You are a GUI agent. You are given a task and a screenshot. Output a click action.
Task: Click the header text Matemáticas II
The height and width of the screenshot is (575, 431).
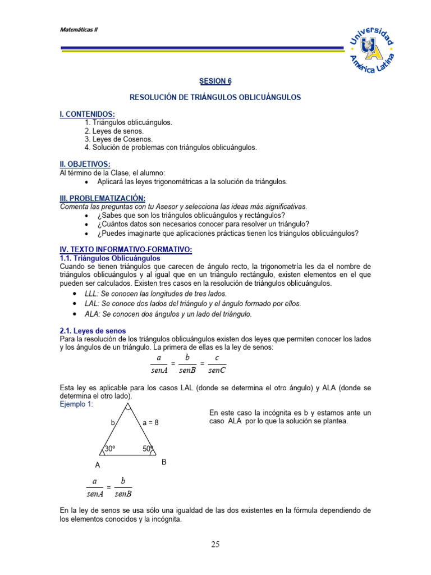[x=79, y=30]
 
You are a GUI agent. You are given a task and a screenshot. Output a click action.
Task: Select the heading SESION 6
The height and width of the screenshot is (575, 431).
[x=215, y=81]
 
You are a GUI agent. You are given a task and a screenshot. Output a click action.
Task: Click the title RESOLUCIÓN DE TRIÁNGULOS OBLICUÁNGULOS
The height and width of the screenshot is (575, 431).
[x=215, y=97]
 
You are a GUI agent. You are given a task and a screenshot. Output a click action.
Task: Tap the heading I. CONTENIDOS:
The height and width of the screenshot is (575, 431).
[x=87, y=114]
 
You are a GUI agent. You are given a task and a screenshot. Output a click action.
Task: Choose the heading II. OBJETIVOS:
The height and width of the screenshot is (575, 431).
[x=85, y=163]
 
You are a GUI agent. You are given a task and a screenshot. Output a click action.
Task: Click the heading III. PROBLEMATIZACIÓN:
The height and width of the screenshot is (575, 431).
[x=102, y=198]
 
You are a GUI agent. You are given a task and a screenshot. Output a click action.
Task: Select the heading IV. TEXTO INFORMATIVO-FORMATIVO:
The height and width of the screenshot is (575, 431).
[x=126, y=249]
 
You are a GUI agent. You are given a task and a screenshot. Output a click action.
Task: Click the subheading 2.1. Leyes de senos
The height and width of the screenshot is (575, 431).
[x=93, y=331]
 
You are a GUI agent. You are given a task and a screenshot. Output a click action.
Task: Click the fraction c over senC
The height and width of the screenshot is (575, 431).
[x=217, y=364]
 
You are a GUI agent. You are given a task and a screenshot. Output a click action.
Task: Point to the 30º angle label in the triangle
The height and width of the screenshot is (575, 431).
[x=110, y=449]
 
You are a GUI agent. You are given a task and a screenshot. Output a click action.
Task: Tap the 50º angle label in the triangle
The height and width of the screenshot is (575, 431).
[x=148, y=449]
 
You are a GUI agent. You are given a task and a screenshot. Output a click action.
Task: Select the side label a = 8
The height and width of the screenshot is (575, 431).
[x=150, y=422]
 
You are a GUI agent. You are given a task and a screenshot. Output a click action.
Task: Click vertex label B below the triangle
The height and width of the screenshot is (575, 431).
[x=164, y=462]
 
